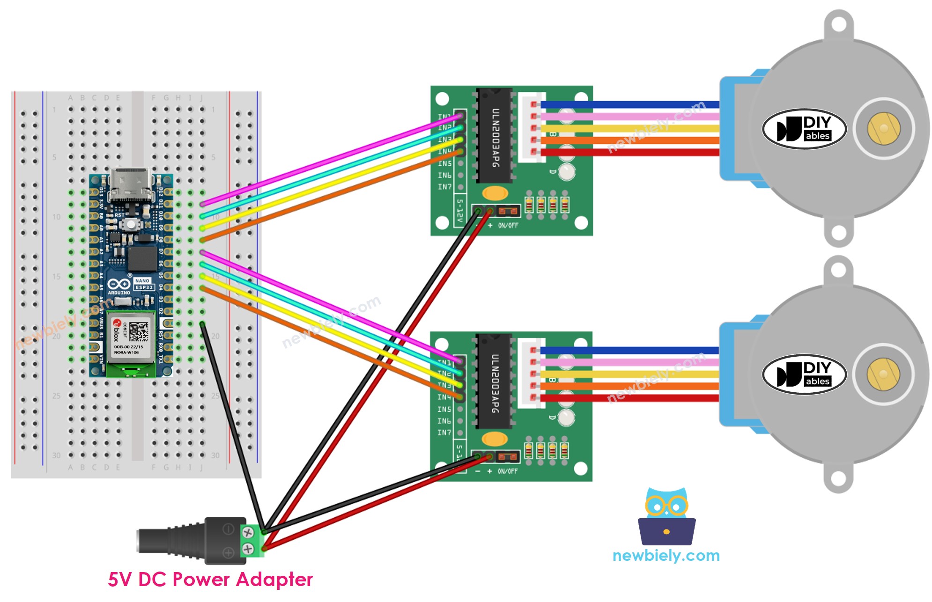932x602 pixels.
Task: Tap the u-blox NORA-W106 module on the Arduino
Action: point(131,336)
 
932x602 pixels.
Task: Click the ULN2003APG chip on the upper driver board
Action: point(495,136)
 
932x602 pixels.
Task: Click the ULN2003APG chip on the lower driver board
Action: point(495,382)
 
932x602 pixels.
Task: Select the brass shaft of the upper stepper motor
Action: point(883,128)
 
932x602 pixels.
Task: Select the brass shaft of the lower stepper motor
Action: point(883,374)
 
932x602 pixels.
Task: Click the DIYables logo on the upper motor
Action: point(804,129)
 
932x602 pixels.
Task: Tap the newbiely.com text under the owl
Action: point(666,556)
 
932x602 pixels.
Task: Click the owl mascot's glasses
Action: point(666,506)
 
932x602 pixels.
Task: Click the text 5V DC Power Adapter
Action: point(210,580)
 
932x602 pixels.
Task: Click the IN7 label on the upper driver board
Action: point(444,187)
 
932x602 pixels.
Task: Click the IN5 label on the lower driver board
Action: point(444,409)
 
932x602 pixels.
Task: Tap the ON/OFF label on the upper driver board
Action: point(508,226)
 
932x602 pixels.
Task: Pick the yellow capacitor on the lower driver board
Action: point(495,439)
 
